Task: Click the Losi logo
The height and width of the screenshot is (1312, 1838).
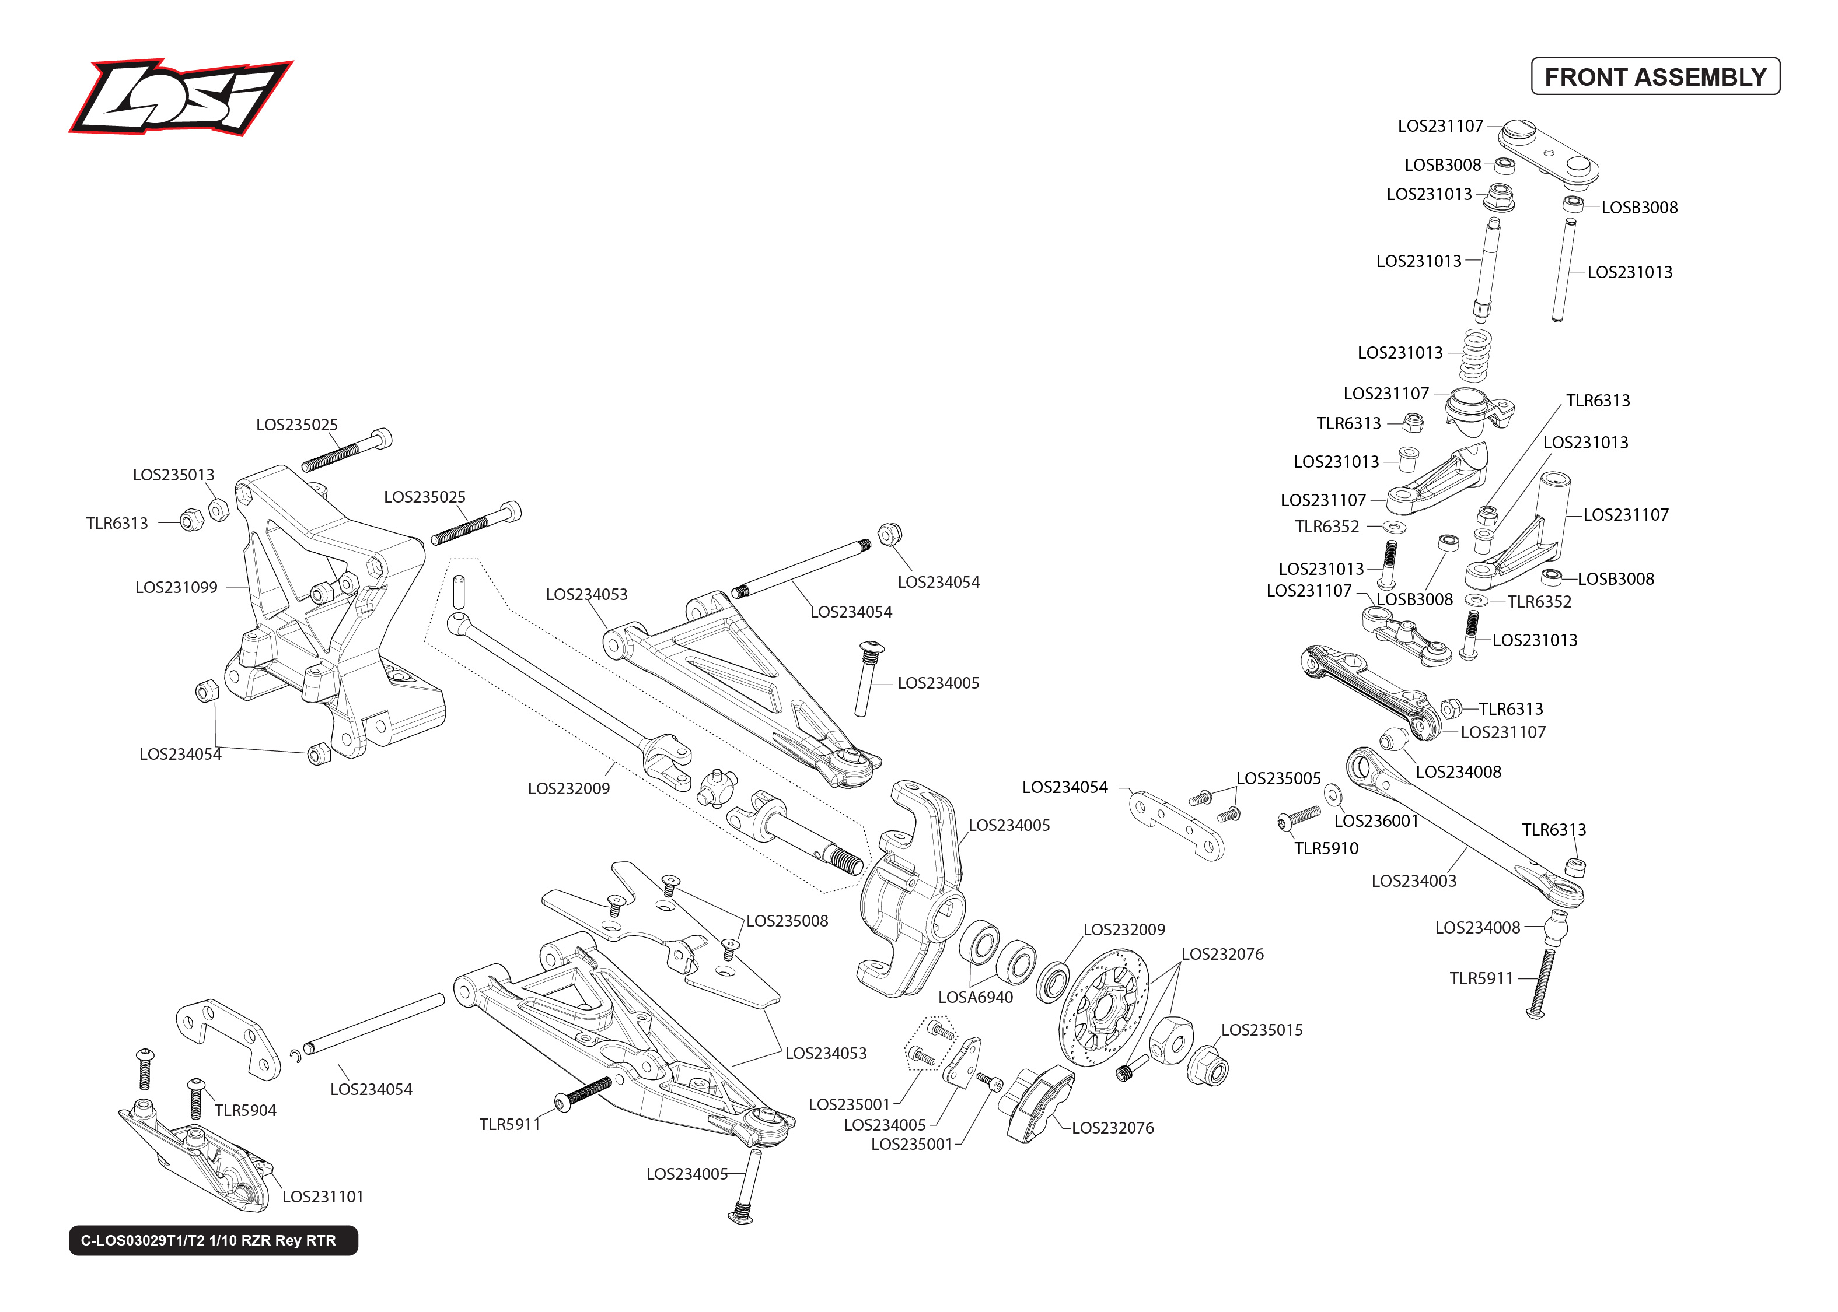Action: click(180, 97)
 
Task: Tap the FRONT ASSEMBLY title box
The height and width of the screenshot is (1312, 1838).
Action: click(1655, 77)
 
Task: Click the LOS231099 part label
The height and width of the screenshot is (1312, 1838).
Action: click(176, 587)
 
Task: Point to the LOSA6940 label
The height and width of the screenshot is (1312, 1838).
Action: click(975, 998)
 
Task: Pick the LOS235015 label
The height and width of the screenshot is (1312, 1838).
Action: click(1261, 1030)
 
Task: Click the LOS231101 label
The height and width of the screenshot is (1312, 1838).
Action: click(323, 1197)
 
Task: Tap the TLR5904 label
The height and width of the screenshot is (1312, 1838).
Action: click(245, 1111)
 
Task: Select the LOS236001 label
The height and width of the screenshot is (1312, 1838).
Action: click(1376, 821)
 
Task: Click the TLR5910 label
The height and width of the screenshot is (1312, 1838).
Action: click(1326, 848)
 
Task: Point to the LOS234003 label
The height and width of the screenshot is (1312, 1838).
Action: click(1414, 880)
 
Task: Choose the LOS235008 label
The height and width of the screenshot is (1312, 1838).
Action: click(787, 921)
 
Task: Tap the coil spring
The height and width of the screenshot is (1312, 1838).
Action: click(1475, 356)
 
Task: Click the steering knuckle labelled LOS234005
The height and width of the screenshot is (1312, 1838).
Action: click(909, 889)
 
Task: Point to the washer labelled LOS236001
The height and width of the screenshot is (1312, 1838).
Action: click(1333, 795)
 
